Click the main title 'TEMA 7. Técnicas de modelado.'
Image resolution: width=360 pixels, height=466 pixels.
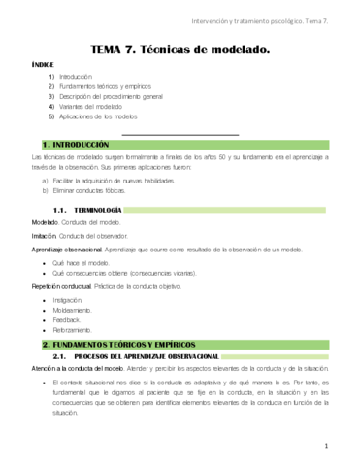tap(180, 47)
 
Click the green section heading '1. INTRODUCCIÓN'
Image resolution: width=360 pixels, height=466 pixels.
tap(76, 144)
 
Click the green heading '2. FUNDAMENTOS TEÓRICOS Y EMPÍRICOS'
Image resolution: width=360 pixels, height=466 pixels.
tap(118, 346)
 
